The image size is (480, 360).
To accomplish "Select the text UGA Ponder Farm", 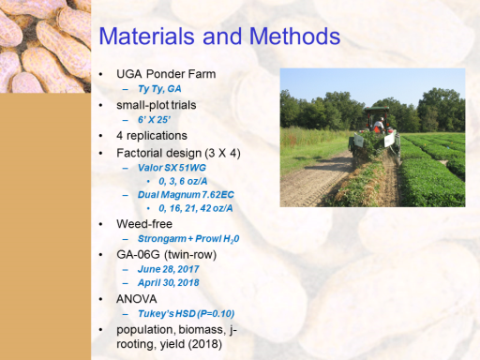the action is (x=166, y=74).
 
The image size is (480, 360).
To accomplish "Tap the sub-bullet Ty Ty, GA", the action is (x=159, y=89).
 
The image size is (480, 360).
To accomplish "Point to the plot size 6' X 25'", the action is (x=154, y=120).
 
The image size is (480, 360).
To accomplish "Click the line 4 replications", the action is (x=152, y=136).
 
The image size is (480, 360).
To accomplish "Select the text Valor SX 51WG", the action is (x=172, y=168).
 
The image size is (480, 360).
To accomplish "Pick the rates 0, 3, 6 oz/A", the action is (x=183, y=181).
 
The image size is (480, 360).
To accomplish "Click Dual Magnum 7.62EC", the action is (x=186, y=195).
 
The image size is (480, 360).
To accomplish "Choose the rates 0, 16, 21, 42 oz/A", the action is (x=196, y=208).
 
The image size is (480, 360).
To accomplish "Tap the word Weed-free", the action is (x=144, y=224).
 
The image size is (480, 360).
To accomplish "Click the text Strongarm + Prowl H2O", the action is (x=188, y=239).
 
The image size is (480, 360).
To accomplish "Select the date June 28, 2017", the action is (x=168, y=269).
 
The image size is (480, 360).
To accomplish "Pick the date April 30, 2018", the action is (x=168, y=283).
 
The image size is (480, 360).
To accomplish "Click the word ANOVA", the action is (x=136, y=299).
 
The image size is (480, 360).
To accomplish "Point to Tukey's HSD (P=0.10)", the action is (x=186, y=313).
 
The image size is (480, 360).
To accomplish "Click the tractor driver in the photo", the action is (x=379, y=125).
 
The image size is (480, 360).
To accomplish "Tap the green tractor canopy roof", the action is (x=377, y=109).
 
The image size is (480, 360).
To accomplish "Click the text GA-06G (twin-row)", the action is (x=166, y=255).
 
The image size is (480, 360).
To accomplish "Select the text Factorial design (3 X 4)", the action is (x=178, y=153).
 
